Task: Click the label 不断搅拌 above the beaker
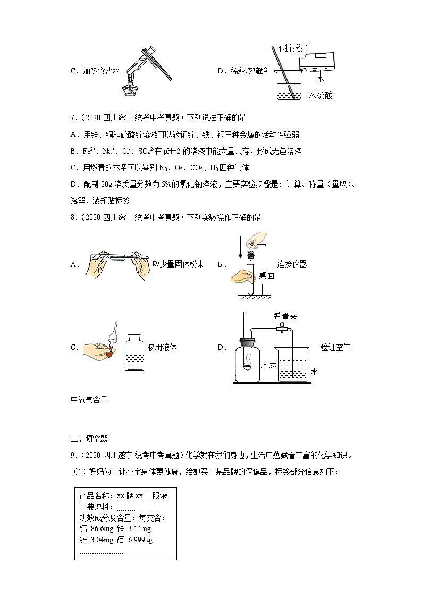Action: pyautogui.click(x=291, y=48)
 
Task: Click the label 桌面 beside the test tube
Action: pyautogui.click(x=266, y=275)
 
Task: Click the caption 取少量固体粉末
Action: pyautogui.click(x=178, y=264)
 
